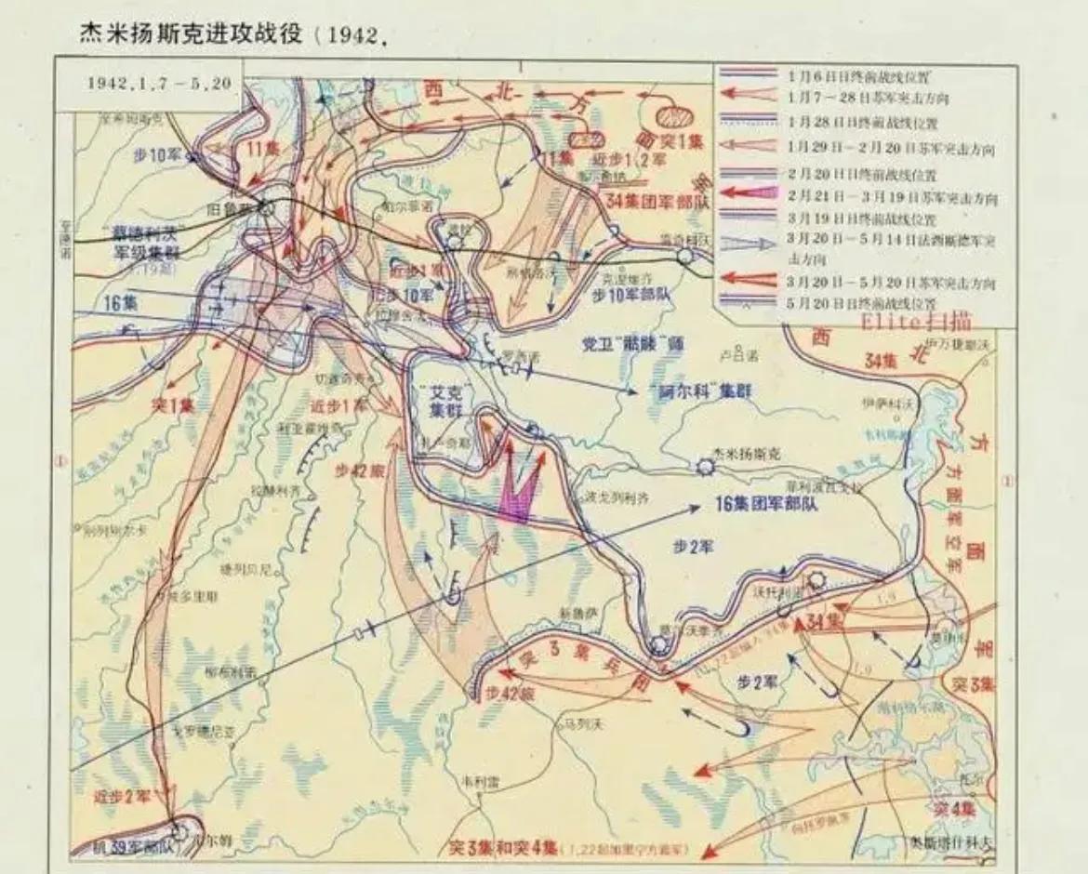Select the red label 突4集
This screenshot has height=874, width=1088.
click(x=954, y=807)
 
